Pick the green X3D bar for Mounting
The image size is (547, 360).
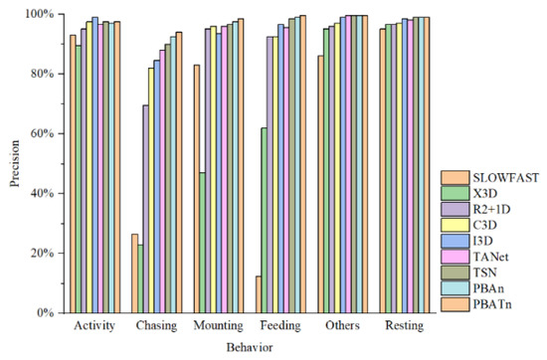click(x=203, y=243)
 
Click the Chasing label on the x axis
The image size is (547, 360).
click(x=157, y=326)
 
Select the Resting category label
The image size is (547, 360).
click(x=404, y=326)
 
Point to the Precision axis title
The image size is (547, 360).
click(x=13, y=163)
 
